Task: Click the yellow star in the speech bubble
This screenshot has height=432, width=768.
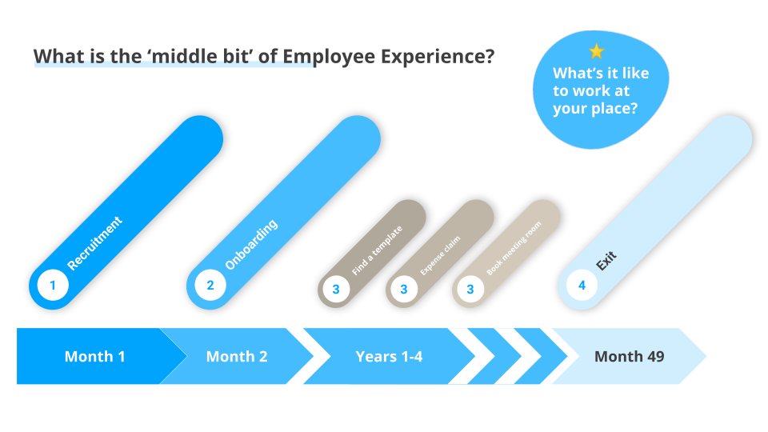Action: pyautogui.click(x=596, y=52)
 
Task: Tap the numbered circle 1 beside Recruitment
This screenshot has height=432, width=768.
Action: pyautogui.click(x=53, y=285)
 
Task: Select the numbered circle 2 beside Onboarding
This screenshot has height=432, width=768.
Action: pyautogui.click(x=210, y=285)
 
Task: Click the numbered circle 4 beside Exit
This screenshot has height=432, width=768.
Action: pyautogui.click(x=582, y=285)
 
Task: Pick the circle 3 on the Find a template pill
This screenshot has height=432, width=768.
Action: pyautogui.click(x=336, y=289)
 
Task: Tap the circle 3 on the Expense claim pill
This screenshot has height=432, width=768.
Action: pyautogui.click(x=404, y=289)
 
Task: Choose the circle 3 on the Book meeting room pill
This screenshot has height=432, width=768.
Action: pyautogui.click(x=470, y=289)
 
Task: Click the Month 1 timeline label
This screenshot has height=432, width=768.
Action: pyautogui.click(x=94, y=357)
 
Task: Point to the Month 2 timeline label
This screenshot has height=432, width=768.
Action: pyautogui.click(x=237, y=357)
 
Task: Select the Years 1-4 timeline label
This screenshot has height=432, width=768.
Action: pyautogui.click(x=389, y=357)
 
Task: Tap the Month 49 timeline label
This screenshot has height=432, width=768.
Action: pyautogui.click(x=629, y=357)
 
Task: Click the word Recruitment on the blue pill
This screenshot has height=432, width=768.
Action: pyautogui.click(x=95, y=243)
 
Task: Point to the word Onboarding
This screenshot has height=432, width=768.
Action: pyautogui.click(x=251, y=243)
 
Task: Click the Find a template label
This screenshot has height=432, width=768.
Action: pyautogui.click(x=377, y=250)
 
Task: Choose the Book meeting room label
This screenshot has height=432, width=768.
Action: pyautogui.click(x=514, y=247)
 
